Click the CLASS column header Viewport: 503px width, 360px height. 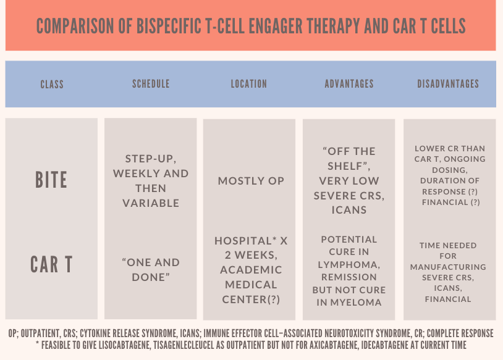[52, 84]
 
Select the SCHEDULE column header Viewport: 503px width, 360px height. [151, 84]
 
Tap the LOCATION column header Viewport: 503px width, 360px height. [249, 84]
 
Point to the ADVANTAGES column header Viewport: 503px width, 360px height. [349, 84]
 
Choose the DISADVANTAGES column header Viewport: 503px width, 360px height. [449, 84]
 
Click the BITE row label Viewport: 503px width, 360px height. [51, 180]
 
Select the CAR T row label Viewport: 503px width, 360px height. [51, 264]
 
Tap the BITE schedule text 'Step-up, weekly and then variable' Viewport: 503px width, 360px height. [151, 180]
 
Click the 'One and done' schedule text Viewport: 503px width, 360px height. [151, 269]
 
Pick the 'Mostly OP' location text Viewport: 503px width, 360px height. [251, 181]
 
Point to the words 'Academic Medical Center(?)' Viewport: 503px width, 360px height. [251, 285]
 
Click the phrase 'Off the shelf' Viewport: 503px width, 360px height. [349, 158]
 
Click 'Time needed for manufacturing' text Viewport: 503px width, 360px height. [449, 256]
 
